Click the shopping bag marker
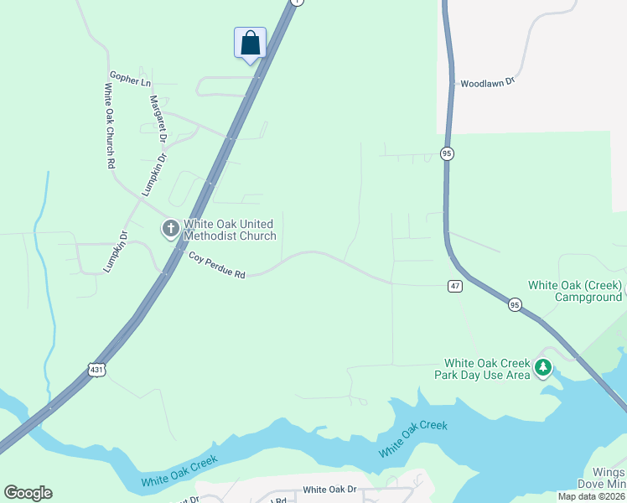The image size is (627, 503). click(250, 44)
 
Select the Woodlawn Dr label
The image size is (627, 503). click(485, 84)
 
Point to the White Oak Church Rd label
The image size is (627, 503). click(109, 126)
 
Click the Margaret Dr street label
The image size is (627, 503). click(158, 117)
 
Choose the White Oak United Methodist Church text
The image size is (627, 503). click(230, 230)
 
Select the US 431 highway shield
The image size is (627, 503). click(96, 368)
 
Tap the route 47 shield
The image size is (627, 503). click(454, 286)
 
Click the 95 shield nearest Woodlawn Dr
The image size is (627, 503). click(447, 153)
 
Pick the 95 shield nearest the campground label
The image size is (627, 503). click(515, 306)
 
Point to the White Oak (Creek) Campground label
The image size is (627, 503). click(575, 291)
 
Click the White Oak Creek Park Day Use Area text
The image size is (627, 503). click(482, 369)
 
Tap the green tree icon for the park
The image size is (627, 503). click(543, 367)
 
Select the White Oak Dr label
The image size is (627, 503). click(329, 490)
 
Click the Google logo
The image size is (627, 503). click(28, 493)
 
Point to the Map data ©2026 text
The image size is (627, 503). click(591, 496)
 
